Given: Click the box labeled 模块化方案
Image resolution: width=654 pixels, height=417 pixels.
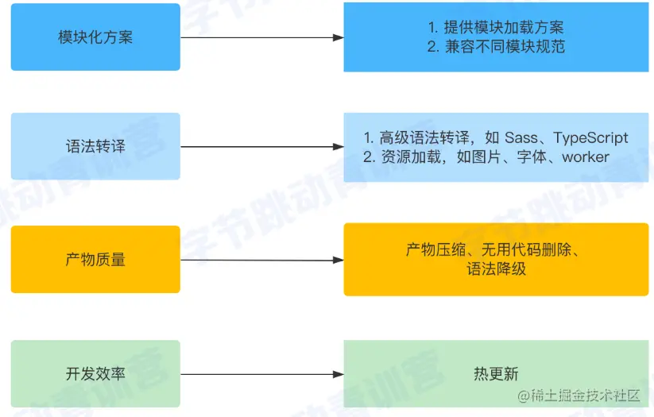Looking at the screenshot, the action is point(95,37).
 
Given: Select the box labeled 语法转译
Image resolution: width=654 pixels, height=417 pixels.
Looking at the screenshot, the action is point(95,146).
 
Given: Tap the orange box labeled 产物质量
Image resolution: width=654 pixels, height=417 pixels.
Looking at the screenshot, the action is point(95,260).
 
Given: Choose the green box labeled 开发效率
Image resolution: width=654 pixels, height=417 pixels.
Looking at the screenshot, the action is point(95,373).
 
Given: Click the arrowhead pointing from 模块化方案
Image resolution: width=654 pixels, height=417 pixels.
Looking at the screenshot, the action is point(339,37).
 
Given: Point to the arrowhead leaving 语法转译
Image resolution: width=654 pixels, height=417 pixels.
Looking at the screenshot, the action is point(339,147).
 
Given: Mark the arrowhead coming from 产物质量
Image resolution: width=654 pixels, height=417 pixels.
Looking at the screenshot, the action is point(339,261).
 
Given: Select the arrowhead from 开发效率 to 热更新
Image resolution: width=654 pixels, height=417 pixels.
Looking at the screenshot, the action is point(339,374).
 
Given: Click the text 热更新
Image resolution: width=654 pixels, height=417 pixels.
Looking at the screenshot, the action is point(496,373).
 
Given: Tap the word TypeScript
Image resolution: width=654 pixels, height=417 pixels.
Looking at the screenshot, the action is point(590,138).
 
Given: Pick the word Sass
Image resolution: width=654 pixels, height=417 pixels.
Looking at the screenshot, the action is point(521,137).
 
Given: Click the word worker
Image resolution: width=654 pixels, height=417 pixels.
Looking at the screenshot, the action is point(586,157).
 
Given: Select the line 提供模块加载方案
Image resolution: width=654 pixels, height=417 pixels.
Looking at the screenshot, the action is point(504,28).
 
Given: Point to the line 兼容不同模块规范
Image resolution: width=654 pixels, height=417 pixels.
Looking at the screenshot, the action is point(505,46).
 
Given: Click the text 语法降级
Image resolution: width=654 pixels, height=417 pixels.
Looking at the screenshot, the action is point(497,269).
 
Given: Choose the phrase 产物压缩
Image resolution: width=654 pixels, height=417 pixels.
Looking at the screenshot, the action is point(435,249).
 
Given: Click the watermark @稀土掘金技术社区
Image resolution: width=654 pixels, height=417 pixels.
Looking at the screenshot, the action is point(579,395).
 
